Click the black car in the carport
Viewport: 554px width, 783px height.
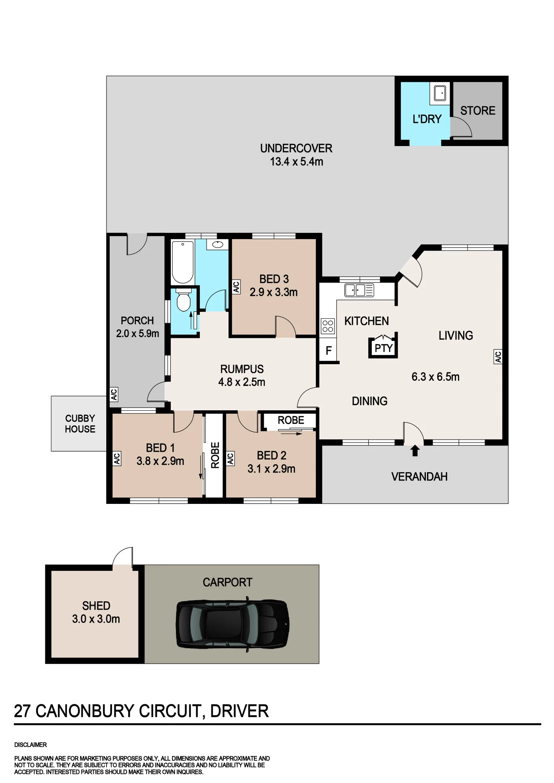(233, 624)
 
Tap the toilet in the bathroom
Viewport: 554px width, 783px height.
(183, 300)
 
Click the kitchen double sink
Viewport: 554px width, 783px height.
(359, 290)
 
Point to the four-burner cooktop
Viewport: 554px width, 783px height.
(328, 326)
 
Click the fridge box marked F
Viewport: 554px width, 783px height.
(329, 350)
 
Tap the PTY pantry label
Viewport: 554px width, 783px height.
(383, 348)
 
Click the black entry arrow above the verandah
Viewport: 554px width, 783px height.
(415, 451)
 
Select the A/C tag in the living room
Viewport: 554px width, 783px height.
(498, 357)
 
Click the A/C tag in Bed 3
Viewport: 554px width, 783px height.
(236, 287)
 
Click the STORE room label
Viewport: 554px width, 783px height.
(478, 111)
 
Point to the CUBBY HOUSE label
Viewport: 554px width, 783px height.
(80, 424)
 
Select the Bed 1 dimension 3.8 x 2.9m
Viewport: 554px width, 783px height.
(160, 461)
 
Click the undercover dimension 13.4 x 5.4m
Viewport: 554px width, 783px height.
(296, 162)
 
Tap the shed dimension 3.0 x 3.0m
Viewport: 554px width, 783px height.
(96, 619)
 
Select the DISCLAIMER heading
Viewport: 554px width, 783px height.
(31, 745)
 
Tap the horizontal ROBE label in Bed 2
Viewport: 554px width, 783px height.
(291, 420)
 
